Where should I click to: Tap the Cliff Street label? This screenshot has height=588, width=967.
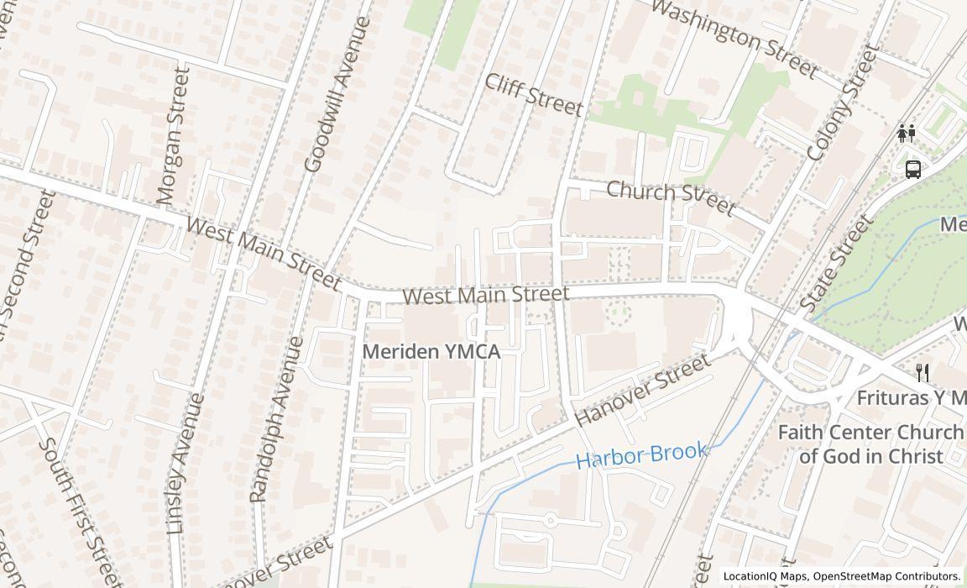pyautogui.click(x=533, y=94)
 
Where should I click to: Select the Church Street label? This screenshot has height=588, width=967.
pyautogui.click(x=670, y=197)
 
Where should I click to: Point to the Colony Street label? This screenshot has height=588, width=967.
pyautogui.click(x=841, y=103)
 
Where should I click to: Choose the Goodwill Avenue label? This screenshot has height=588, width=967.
pyautogui.click(x=337, y=95)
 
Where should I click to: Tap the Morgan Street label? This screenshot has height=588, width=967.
pyautogui.click(x=173, y=135)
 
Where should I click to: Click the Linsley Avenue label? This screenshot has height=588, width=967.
pyautogui.click(x=186, y=464)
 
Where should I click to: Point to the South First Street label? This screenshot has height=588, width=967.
pyautogui.click(x=81, y=511)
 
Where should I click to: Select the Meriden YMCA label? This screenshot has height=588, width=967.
pyautogui.click(x=431, y=352)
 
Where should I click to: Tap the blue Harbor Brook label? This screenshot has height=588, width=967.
pyautogui.click(x=641, y=454)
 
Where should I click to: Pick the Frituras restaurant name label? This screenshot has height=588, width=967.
pyautogui.click(x=911, y=397)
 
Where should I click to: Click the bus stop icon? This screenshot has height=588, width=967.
pyautogui.click(x=913, y=169)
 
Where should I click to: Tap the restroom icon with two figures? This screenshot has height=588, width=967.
pyautogui.click(x=906, y=133)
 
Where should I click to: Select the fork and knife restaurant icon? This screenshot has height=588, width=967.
pyautogui.click(x=923, y=372)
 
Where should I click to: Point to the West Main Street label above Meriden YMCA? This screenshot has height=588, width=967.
pyautogui.click(x=485, y=295)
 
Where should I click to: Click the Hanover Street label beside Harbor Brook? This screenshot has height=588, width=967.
pyautogui.click(x=642, y=390)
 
